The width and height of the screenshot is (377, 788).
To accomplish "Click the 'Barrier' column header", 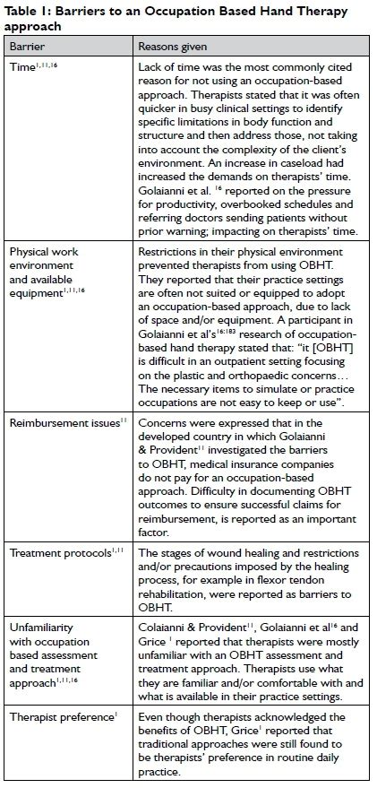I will click(26, 45).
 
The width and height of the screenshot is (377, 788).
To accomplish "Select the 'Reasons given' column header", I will click(173, 45).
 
